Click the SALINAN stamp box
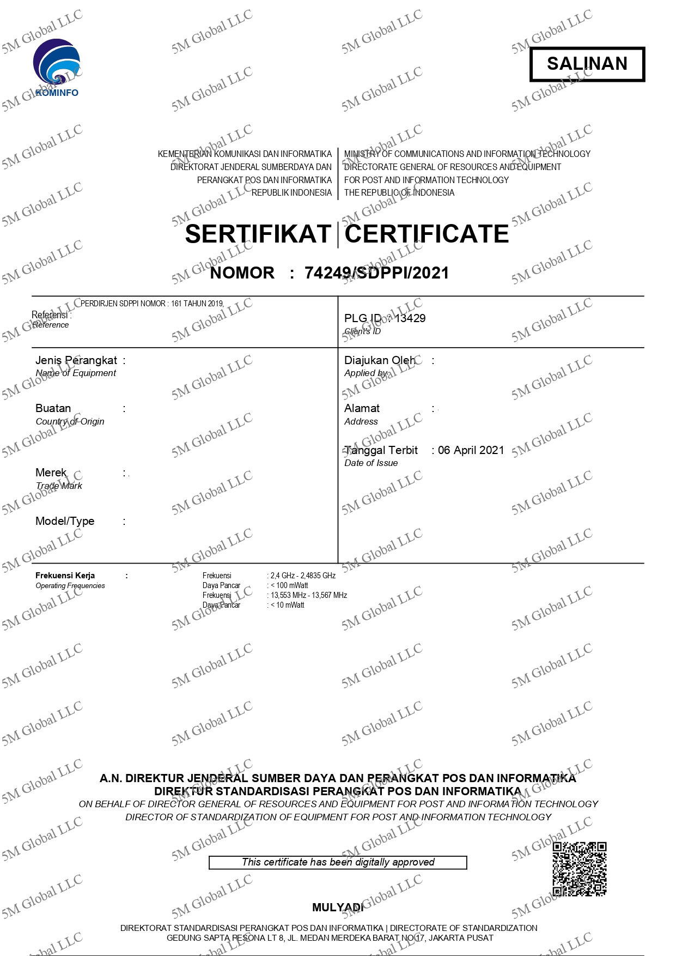(587, 64)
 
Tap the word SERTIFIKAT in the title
(258, 234)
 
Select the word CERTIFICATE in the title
(427, 234)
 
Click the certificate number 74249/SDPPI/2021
(376, 273)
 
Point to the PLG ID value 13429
(410, 318)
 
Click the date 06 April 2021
(471, 450)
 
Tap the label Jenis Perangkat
(76, 360)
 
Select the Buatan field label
(53, 408)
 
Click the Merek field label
(51, 473)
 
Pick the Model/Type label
(65, 521)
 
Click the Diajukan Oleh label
(380, 360)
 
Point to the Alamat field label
(362, 408)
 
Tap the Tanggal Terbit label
(381, 450)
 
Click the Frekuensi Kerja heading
(65, 576)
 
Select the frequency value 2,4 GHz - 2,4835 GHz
(303, 576)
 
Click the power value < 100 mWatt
(289, 585)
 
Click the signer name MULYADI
(337, 907)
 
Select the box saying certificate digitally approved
(338, 862)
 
